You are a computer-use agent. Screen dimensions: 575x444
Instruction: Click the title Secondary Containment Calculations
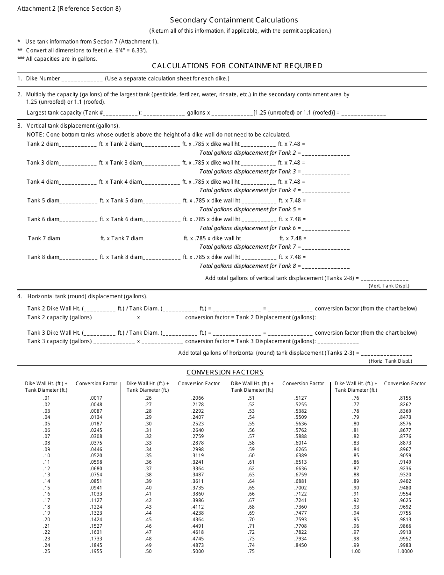[x=234, y=20]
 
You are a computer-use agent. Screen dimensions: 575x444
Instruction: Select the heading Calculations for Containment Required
[x=237, y=65]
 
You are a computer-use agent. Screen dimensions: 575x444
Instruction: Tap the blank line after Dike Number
[x=82, y=79]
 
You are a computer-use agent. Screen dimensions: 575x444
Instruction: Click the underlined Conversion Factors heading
[x=225, y=373]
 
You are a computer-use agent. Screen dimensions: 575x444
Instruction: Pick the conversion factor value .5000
[x=198, y=551]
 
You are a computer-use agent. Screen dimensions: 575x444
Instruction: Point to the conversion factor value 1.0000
[x=405, y=551]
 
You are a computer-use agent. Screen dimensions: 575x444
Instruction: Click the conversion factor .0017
[x=96, y=398]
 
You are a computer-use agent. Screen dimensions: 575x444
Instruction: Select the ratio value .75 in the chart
[x=251, y=551]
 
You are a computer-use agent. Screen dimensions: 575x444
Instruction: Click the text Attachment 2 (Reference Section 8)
[x=69, y=8]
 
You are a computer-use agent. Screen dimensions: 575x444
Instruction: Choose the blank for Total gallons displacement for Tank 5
[x=326, y=210]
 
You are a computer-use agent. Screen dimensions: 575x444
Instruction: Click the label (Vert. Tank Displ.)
[x=389, y=286]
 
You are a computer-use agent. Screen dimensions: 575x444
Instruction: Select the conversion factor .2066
[x=198, y=398]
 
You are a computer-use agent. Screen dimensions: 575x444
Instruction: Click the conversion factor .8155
[x=405, y=398]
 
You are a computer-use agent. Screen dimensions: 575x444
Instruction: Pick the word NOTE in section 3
[x=35, y=135]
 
